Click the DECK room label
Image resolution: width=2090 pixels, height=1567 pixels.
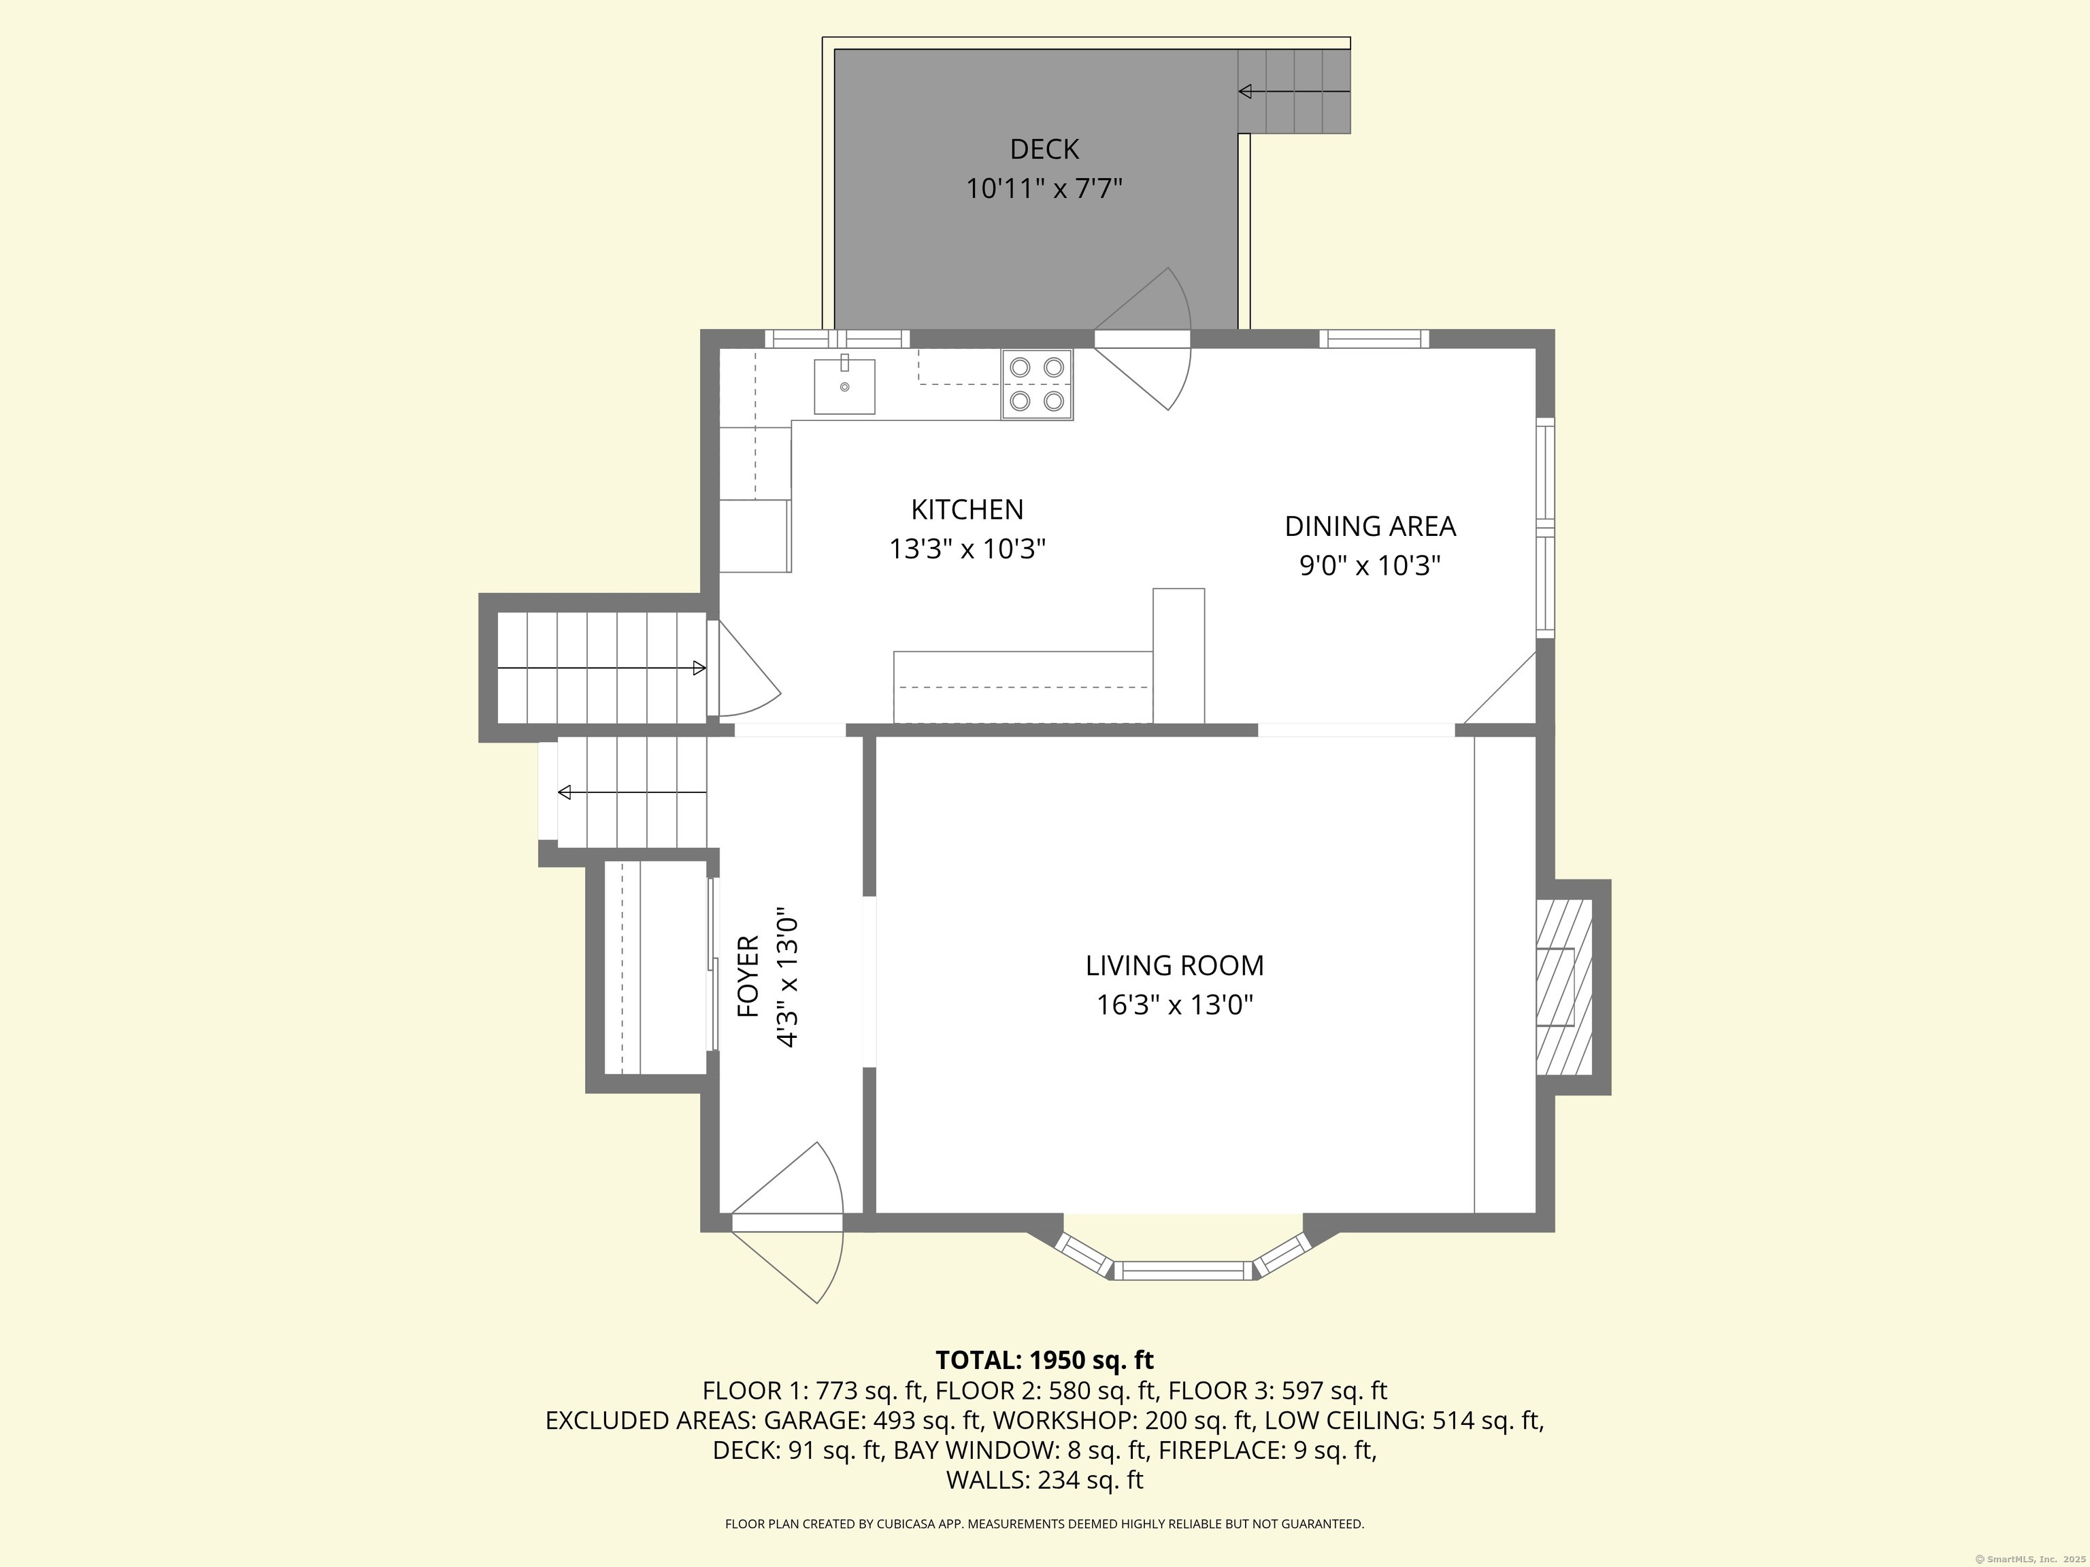(1044, 149)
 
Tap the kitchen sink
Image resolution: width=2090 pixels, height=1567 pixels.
(845, 386)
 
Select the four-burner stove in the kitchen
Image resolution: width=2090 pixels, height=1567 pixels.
(1038, 384)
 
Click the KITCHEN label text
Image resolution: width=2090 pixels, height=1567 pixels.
(967, 510)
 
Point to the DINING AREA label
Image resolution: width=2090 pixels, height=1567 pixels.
(1370, 526)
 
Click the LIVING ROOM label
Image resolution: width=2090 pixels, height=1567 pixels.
(1174, 965)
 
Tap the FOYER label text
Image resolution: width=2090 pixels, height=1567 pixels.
(748, 976)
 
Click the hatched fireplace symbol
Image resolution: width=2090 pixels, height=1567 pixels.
(1563, 987)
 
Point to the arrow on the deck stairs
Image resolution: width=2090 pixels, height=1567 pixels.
(1295, 92)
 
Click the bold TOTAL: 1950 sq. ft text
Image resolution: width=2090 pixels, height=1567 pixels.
(1044, 1360)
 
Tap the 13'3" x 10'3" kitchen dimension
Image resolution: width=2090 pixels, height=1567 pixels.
(967, 549)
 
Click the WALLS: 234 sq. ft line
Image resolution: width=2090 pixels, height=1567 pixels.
(1044, 1480)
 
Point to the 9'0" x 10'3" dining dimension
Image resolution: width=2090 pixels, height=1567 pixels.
(1370, 566)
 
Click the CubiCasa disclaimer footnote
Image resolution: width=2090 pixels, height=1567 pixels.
(1044, 1523)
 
